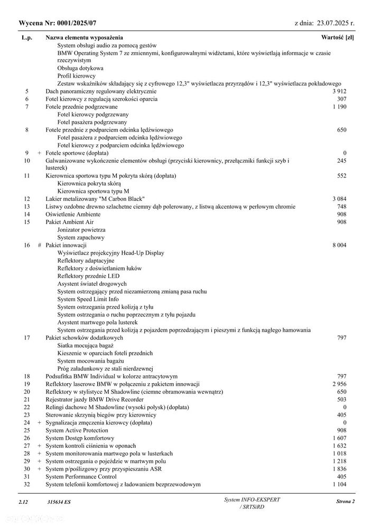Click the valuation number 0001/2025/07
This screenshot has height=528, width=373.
(74, 23)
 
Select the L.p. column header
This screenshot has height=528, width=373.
(27, 38)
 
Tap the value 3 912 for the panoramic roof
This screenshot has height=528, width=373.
(339, 91)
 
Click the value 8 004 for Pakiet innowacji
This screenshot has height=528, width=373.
(339, 245)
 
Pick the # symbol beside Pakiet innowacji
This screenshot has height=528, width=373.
(39, 245)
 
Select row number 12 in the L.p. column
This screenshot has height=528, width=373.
(27, 199)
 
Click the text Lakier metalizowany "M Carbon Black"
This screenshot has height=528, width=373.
(95, 199)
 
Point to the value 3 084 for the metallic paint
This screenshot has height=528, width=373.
(339, 199)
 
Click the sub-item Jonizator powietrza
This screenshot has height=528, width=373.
(81, 230)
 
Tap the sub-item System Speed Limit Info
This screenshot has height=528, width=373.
(88, 299)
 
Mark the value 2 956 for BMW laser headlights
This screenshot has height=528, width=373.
(339, 383)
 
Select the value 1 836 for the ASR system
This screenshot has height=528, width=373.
(339, 469)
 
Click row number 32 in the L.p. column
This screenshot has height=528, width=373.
(27, 484)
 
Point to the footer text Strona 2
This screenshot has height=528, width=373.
(345, 502)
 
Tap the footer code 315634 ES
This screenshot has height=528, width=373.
(58, 502)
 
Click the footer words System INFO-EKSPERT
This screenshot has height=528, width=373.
(253, 499)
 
